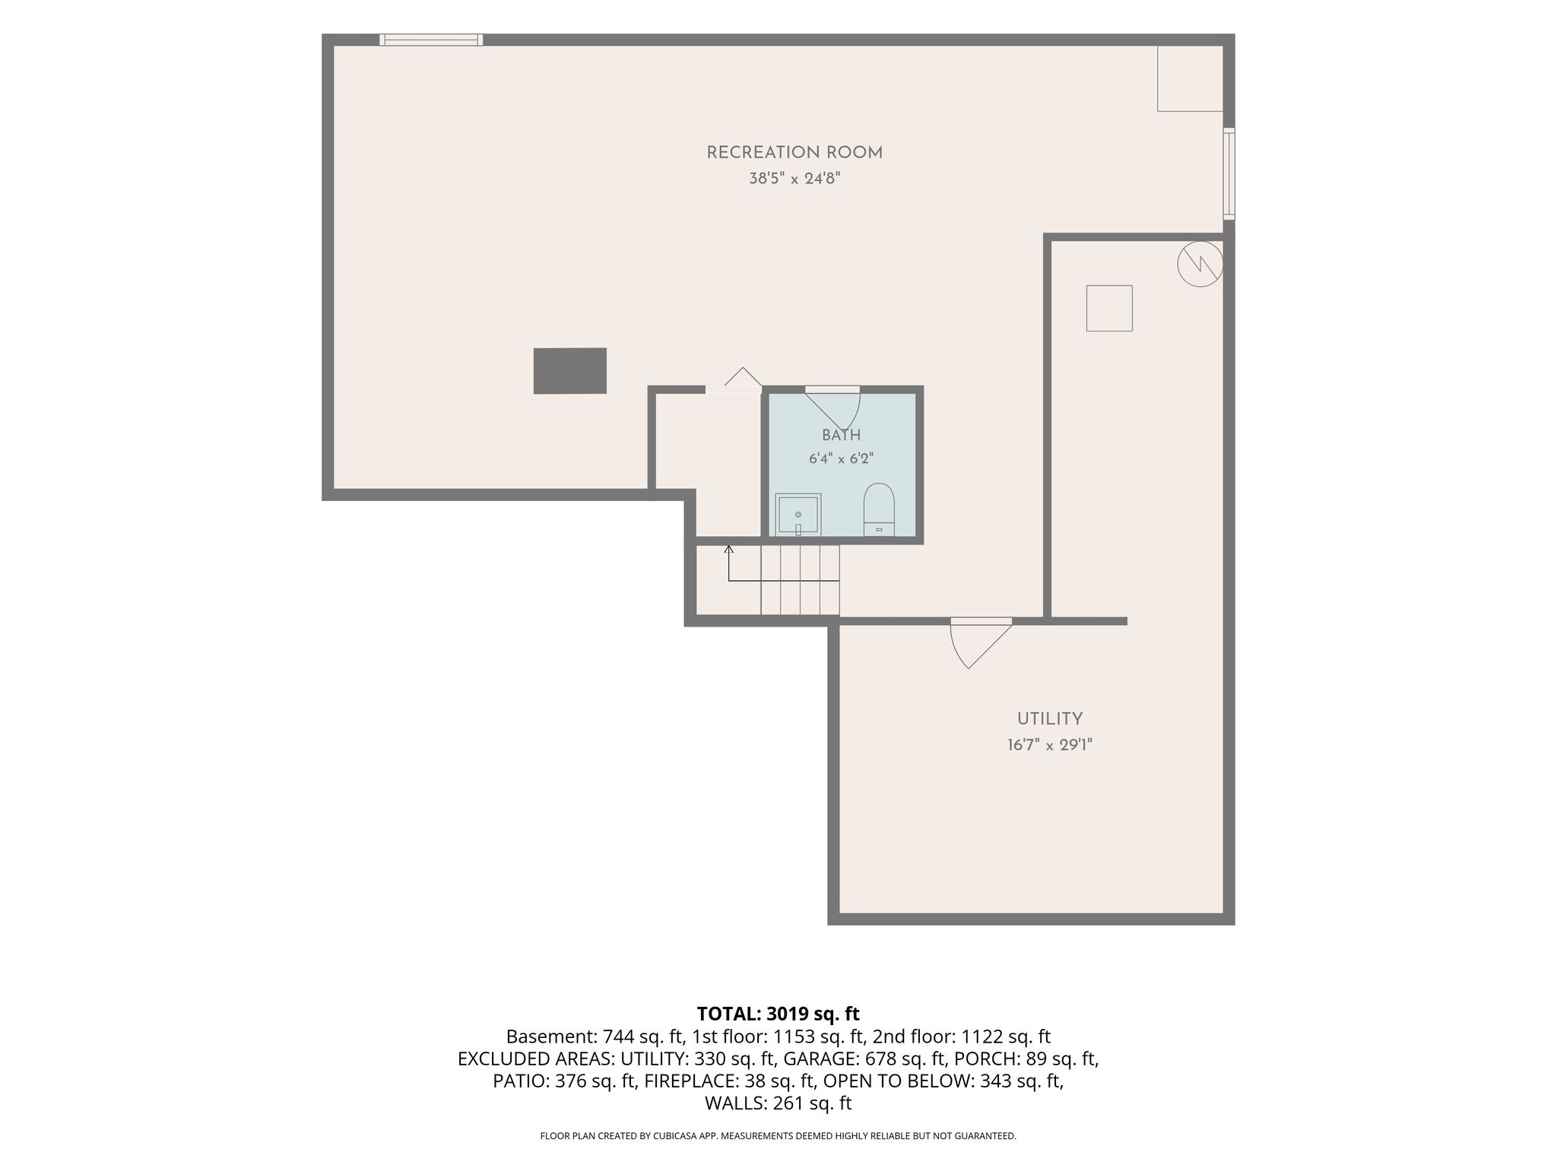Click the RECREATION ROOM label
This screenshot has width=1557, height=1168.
(794, 153)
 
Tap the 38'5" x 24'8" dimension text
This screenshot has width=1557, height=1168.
(794, 179)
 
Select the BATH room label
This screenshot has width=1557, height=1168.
(841, 435)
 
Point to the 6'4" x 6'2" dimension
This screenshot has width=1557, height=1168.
(841, 459)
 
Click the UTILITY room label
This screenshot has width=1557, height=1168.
(1050, 719)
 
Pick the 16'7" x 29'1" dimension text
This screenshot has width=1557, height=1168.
(1050, 745)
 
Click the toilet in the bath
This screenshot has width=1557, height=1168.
(879, 509)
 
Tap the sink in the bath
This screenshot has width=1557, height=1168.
(798, 514)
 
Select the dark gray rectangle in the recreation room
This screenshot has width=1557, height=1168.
(569, 371)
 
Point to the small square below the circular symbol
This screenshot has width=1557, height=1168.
(1109, 308)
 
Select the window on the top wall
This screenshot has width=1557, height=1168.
(431, 40)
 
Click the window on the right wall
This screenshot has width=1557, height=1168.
(1229, 174)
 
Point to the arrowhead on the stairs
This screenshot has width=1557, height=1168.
(728, 548)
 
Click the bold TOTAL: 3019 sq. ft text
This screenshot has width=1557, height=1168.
(778, 1014)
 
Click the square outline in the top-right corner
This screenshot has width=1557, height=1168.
(1190, 111)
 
